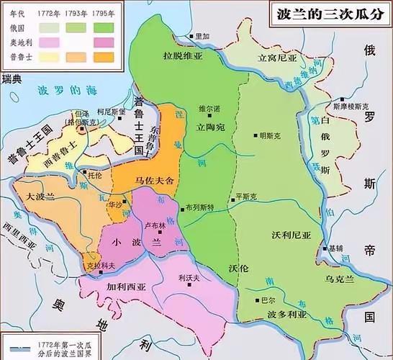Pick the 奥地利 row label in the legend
(15, 40)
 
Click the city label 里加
(204, 36)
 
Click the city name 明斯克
(274, 135)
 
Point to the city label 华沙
(113, 205)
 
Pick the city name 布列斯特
(200, 206)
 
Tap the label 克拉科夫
(99, 265)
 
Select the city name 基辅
(335, 248)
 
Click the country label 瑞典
(12, 76)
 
